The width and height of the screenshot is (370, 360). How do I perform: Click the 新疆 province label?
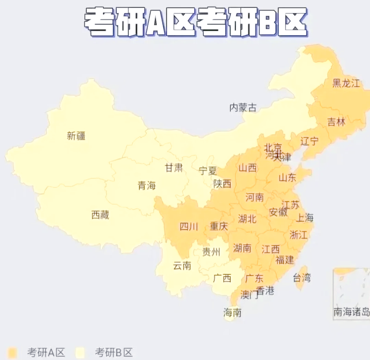(76, 136)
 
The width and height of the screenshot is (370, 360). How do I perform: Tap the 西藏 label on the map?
(100, 215)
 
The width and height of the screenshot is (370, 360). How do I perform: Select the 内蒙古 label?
(243, 108)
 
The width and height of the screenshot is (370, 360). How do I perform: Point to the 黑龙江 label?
(346, 83)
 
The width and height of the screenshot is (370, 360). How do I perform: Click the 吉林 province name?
(336, 122)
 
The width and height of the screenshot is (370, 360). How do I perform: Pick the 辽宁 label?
(309, 141)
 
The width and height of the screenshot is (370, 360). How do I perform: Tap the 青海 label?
(147, 185)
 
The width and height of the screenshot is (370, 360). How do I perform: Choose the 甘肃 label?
(174, 168)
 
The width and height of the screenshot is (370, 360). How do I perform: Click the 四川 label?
(189, 227)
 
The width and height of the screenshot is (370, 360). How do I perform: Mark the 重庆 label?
(219, 227)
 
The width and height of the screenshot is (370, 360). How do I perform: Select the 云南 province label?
(182, 265)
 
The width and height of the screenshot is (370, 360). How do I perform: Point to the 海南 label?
(232, 312)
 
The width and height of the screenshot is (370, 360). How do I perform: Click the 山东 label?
(287, 178)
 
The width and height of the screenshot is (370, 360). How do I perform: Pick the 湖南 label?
(242, 248)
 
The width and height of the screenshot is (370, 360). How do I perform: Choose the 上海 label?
(305, 218)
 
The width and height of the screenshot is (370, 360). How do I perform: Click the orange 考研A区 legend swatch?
(13, 352)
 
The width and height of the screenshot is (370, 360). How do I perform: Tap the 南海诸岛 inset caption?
(351, 312)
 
